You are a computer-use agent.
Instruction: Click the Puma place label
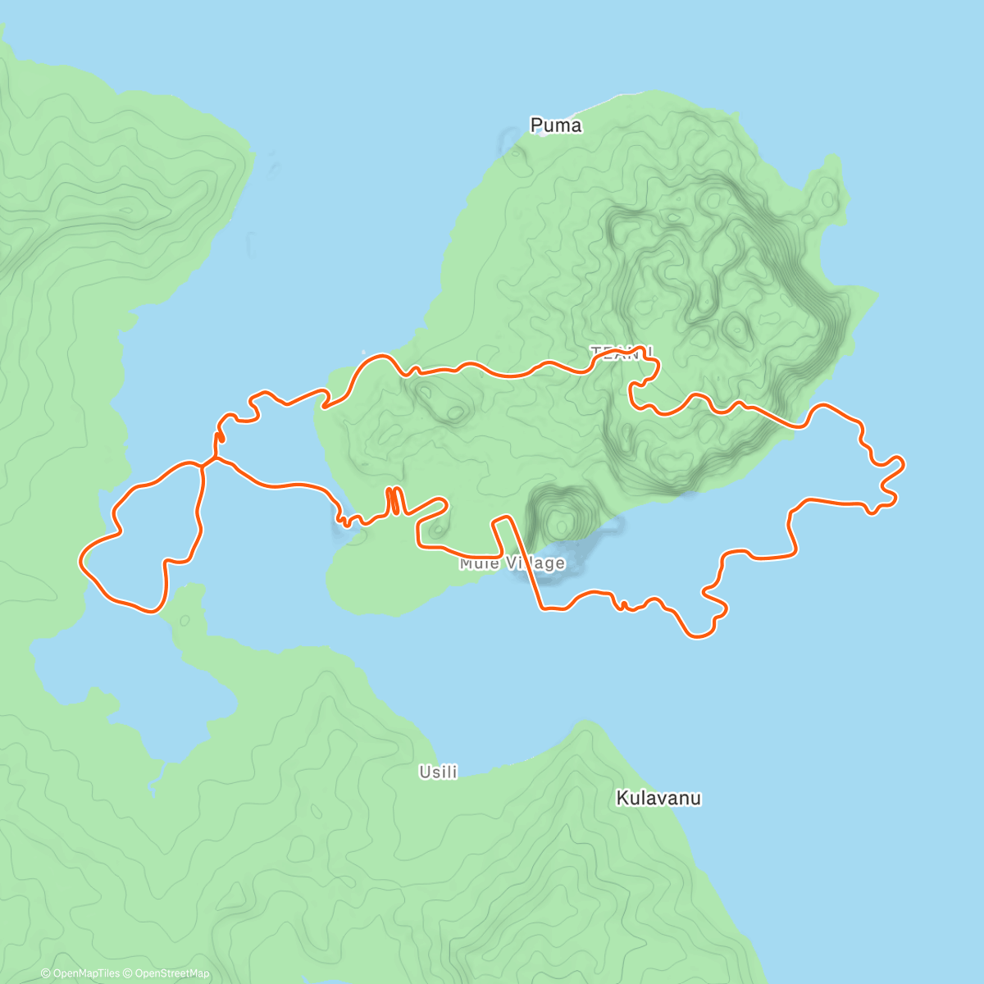[556, 125]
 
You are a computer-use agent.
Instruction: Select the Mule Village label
[512, 563]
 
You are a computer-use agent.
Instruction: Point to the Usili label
[438, 772]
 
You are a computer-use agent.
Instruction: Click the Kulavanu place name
[658, 798]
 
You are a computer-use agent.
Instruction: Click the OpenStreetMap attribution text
[172, 973]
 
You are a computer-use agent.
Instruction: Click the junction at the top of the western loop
[203, 464]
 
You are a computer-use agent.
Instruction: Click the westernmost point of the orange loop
[80, 560]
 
